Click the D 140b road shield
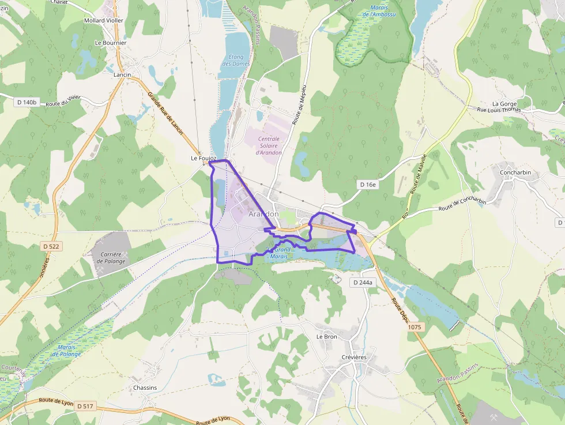click(x=27, y=102)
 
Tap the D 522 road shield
click(x=52, y=246)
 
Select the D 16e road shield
click(x=367, y=185)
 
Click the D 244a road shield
click(x=363, y=283)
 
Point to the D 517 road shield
click(x=85, y=406)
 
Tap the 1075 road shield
click(x=415, y=327)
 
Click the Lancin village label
click(x=122, y=75)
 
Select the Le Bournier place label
click(x=111, y=43)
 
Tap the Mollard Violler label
click(x=104, y=20)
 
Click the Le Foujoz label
click(x=204, y=158)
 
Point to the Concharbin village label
click(x=515, y=172)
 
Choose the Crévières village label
click(x=354, y=357)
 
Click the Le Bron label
click(x=326, y=336)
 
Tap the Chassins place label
click(x=145, y=388)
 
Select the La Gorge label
click(x=504, y=104)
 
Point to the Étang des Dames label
click(x=236, y=60)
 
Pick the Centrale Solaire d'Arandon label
click(x=269, y=145)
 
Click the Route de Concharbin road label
click(x=462, y=205)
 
